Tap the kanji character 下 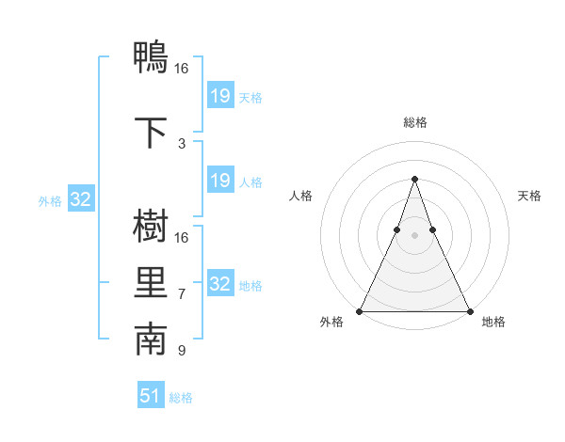151,132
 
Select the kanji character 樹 151,228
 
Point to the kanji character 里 151,284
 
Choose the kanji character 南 151,340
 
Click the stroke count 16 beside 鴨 181,69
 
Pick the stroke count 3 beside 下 181,144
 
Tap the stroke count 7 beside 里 181,294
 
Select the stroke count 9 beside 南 181,351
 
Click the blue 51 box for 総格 151,396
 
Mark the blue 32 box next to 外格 79,199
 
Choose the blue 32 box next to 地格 219,284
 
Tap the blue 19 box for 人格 219,181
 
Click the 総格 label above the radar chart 414,122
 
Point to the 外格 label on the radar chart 331,322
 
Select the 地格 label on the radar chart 493,322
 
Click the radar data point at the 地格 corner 469,311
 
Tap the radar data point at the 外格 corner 360,311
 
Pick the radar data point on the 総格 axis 414,179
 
